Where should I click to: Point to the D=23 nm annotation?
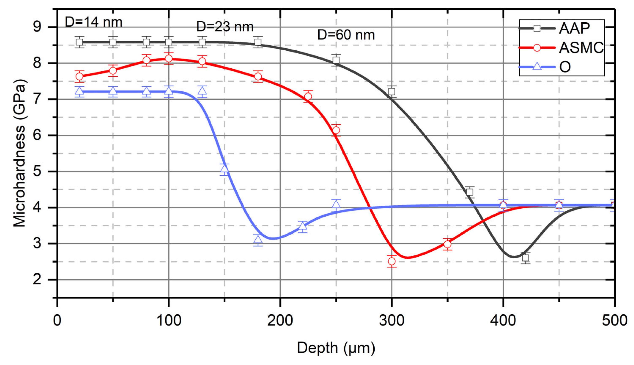[225, 27]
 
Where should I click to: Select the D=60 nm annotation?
[346, 35]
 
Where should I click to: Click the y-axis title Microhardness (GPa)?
[20, 153]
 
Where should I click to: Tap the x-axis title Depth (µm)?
[336, 348]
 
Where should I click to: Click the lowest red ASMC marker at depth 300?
[392, 261]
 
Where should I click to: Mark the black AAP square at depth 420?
[525, 258]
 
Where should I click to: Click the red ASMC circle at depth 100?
[169, 58]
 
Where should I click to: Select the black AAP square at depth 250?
[336, 60]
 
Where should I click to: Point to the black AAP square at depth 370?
[470, 192]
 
